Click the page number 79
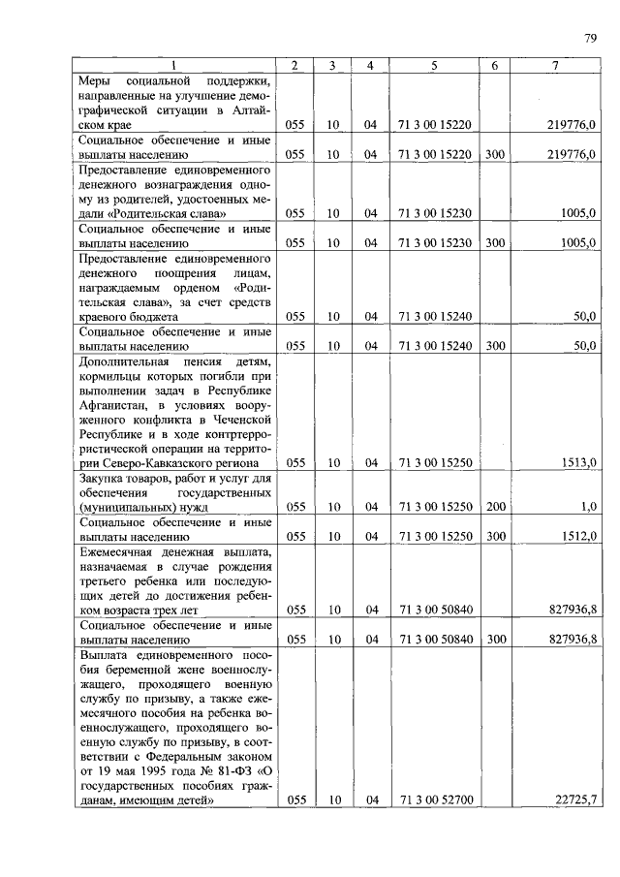point(590,39)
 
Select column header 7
point(554,66)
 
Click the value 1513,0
point(578,463)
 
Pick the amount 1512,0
point(578,536)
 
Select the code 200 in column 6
point(495,506)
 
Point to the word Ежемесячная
point(119,550)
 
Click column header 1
point(174,66)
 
